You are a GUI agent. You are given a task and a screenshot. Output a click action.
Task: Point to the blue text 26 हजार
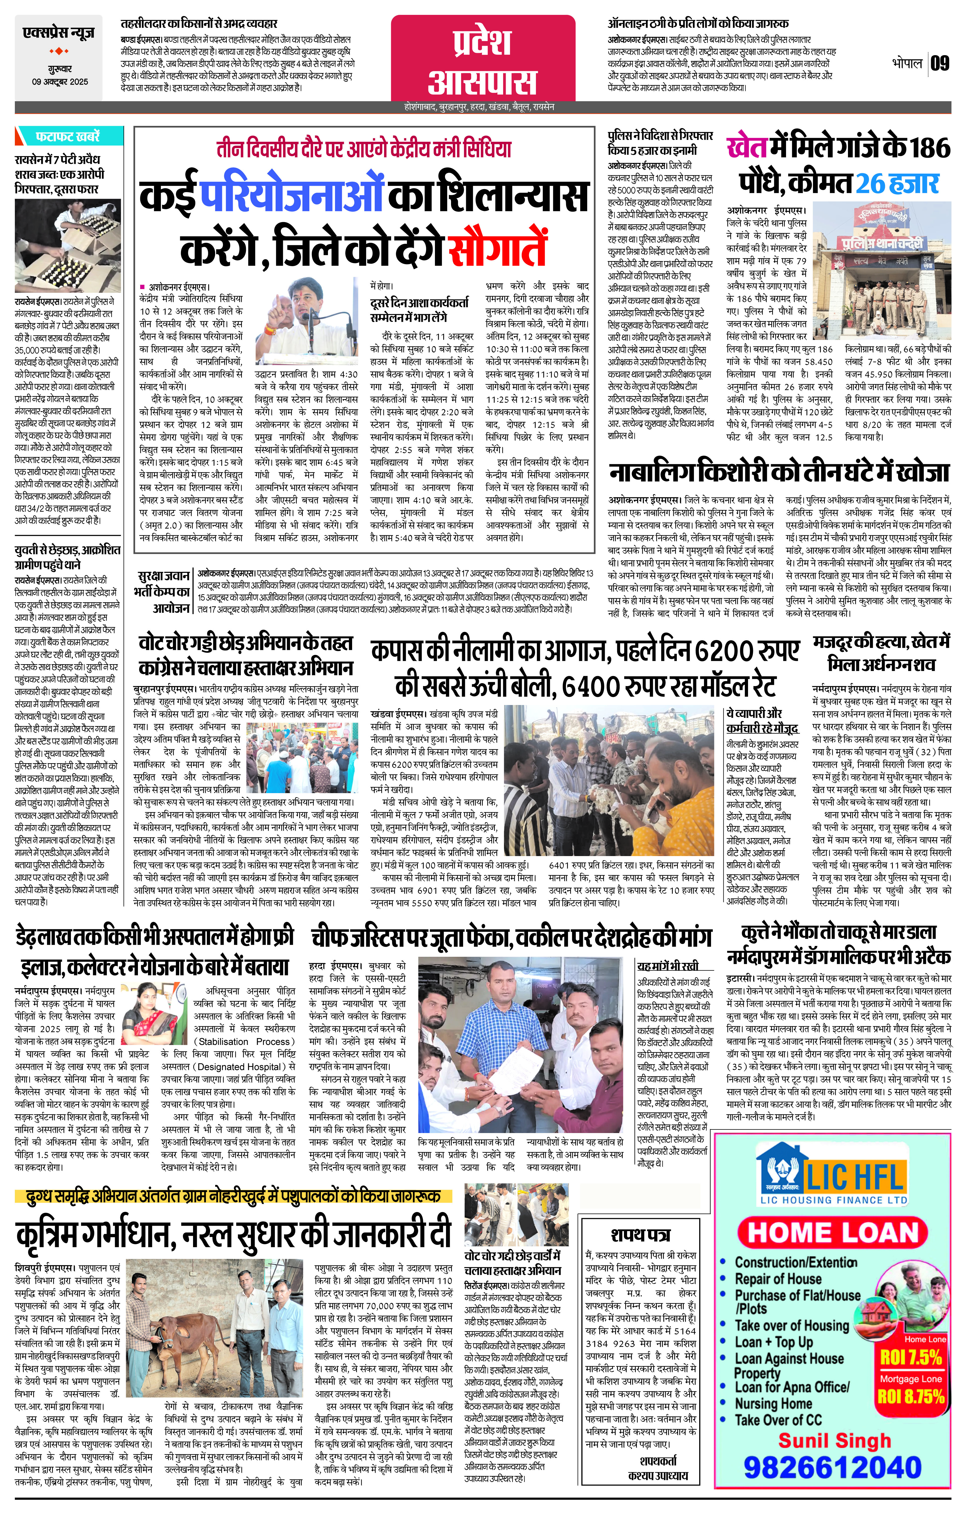click(897, 183)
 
